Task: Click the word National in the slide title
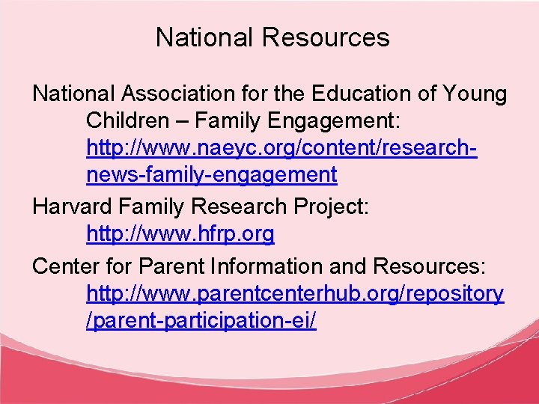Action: (x=200, y=37)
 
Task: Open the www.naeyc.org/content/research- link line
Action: (x=283, y=148)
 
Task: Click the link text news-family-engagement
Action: (x=212, y=175)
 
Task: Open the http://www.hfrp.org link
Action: (x=180, y=234)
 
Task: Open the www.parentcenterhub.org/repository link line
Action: (x=295, y=293)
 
